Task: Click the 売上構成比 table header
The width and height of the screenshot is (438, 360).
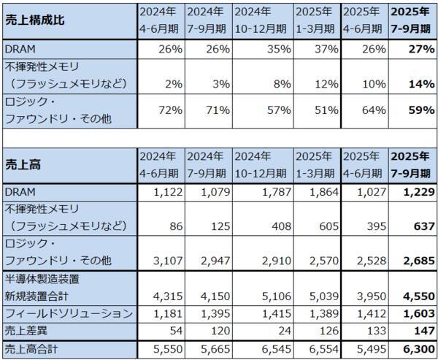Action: click(x=36, y=20)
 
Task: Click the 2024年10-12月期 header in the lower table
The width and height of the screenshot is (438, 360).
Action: click(x=262, y=164)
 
